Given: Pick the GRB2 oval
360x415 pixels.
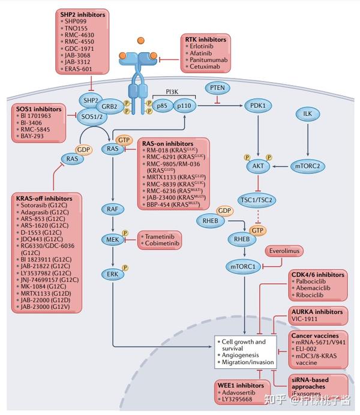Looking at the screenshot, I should (109, 107).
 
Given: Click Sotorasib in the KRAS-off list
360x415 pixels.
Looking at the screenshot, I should (37, 205).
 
